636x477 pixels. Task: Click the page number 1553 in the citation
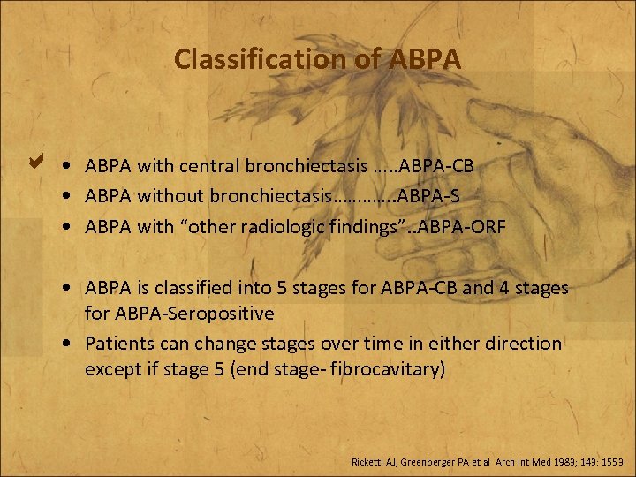[x=610, y=461]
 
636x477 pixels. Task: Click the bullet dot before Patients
[x=67, y=343]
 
